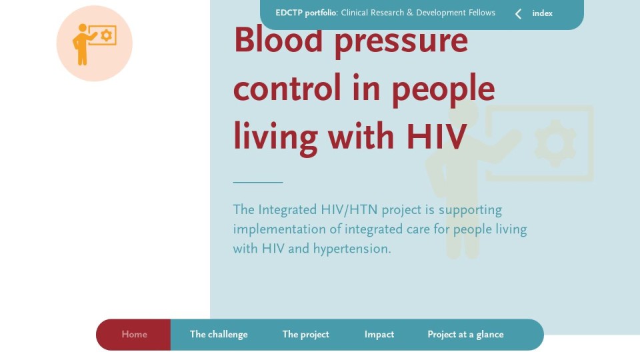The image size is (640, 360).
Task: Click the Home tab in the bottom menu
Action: pyautogui.click(x=134, y=335)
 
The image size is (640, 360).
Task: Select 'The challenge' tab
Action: pyautogui.click(x=219, y=335)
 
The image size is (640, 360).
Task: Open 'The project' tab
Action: pyautogui.click(x=306, y=335)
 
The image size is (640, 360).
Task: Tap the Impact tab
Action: pyautogui.click(x=379, y=335)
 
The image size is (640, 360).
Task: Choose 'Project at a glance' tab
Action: pyautogui.click(x=465, y=335)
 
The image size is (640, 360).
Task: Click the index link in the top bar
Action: pyautogui.click(x=542, y=13)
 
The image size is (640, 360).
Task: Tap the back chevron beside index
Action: pyautogui.click(x=519, y=14)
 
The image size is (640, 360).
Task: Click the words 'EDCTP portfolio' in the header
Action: pyautogui.click(x=306, y=13)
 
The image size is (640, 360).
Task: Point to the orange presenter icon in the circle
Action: pyautogui.click(x=94, y=44)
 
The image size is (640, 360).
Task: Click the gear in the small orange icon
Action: pyautogui.click(x=107, y=35)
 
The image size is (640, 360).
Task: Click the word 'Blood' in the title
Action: pyautogui.click(x=279, y=40)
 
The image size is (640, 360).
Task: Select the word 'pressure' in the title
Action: pyautogui.click(x=401, y=43)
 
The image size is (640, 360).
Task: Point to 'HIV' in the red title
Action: pyautogui.click(x=436, y=137)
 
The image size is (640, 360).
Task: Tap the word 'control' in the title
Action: pyautogui.click(x=287, y=88)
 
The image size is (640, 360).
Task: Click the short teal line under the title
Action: pyautogui.click(x=258, y=182)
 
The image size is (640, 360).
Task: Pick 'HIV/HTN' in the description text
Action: pyautogui.click(x=349, y=210)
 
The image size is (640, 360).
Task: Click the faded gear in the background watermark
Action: pyautogui.click(x=555, y=143)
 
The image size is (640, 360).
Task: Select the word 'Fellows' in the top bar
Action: pyautogui.click(x=481, y=13)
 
